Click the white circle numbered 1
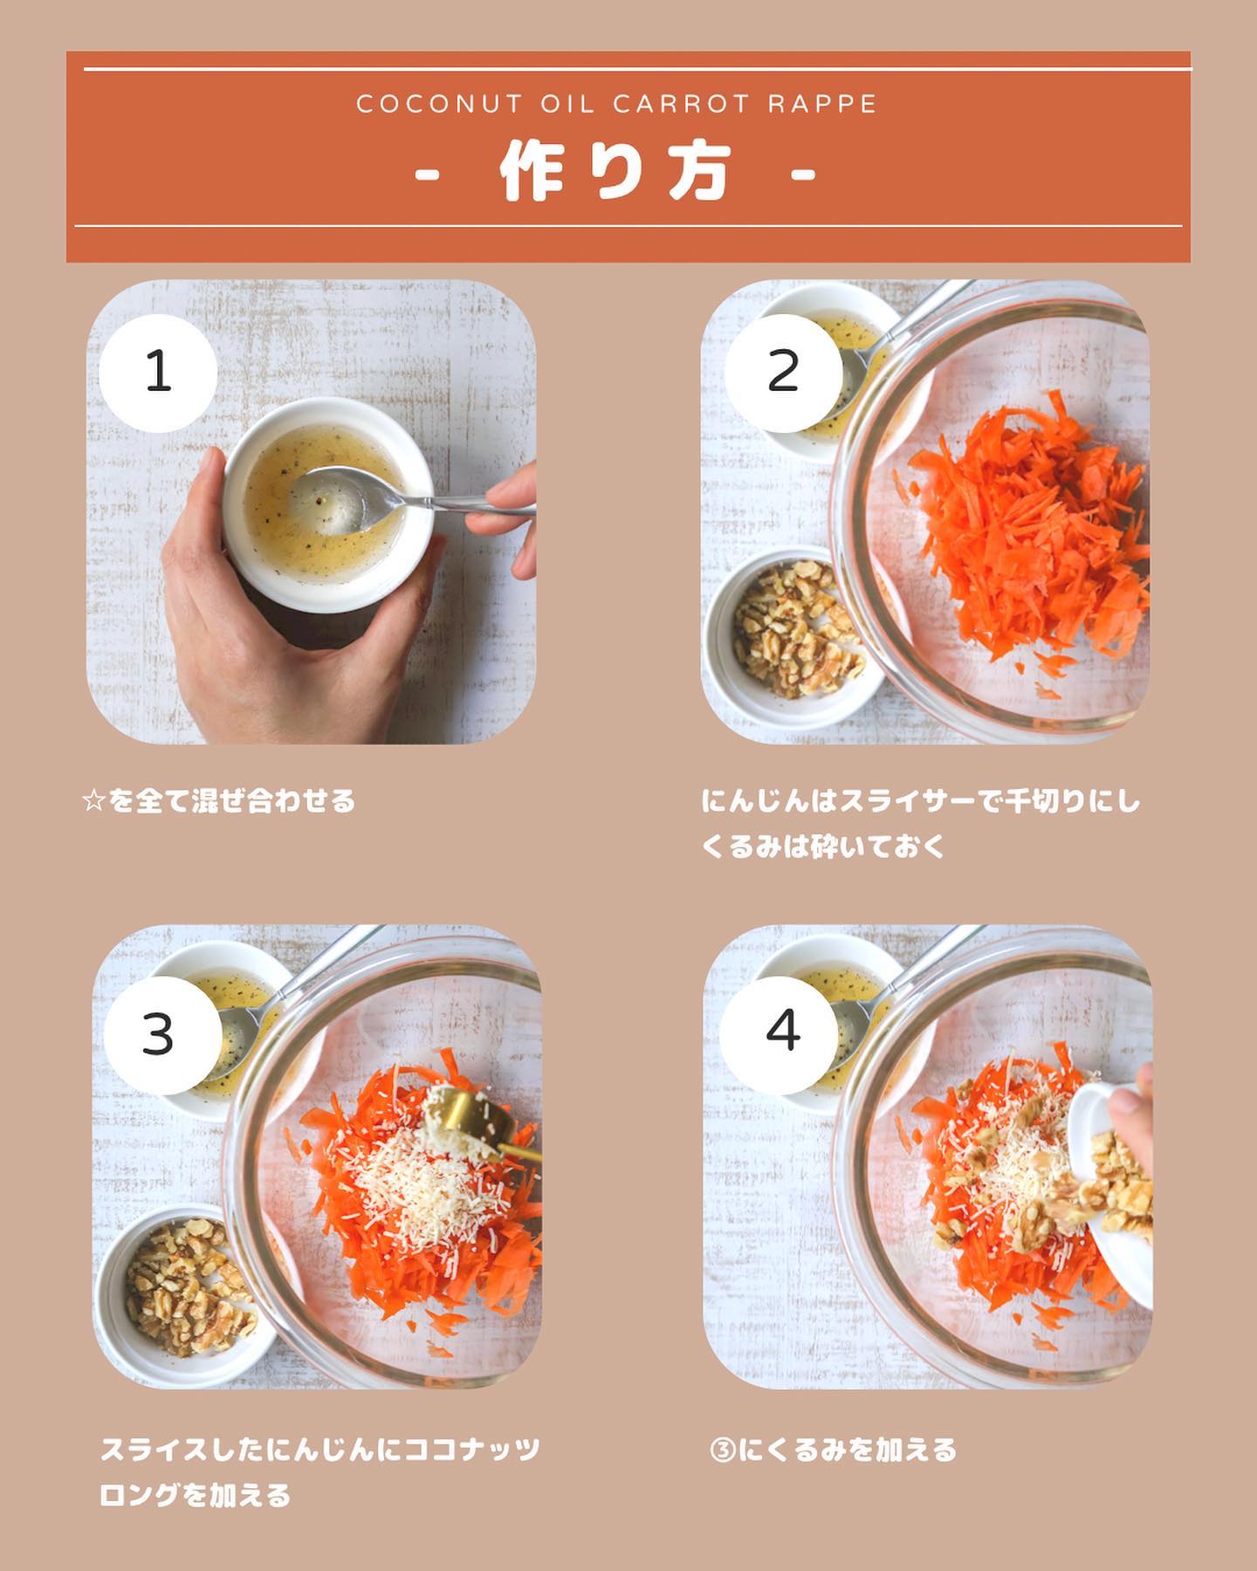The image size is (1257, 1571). pos(158,373)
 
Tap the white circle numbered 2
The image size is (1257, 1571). pos(783,373)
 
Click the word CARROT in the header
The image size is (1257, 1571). pos(681,104)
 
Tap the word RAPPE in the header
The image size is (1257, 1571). pos(822,104)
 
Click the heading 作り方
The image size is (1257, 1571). pos(615,173)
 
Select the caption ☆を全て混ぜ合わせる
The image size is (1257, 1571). pos(218,800)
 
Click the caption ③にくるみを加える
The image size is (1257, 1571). pos(835,1451)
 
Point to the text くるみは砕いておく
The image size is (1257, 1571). pos(824,847)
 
